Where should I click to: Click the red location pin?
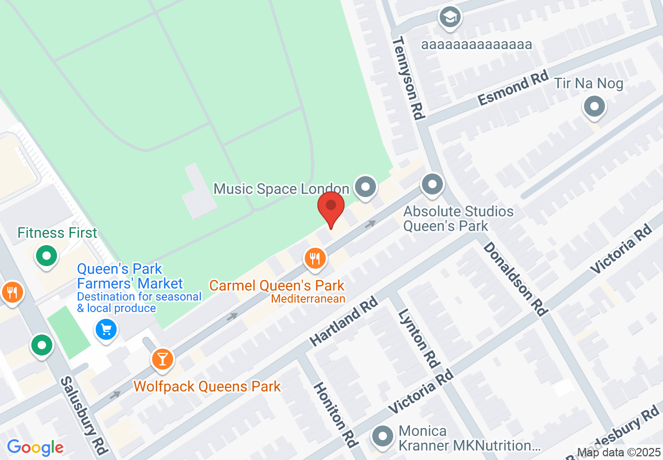click(x=331, y=208)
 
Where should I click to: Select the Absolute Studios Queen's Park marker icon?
click(x=432, y=185)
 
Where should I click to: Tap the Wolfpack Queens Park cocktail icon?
click(x=163, y=359)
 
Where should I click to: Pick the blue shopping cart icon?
click(x=107, y=329)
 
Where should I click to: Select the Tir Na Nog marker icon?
click(x=594, y=107)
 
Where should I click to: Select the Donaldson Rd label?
click(x=515, y=278)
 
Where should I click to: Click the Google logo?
click(x=35, y=447)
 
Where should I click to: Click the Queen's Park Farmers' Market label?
click(x=130, y=277)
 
